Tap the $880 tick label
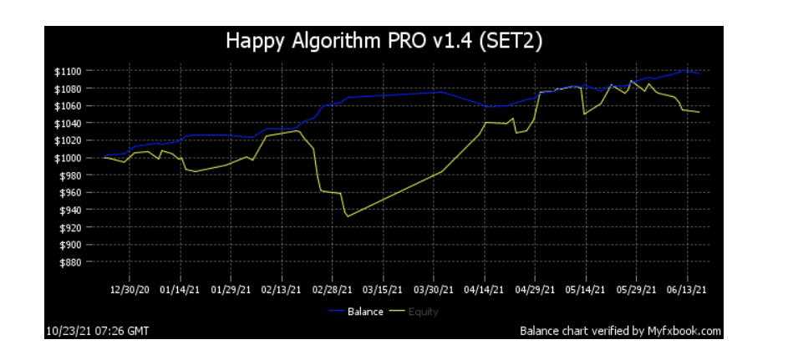tap(73, 262)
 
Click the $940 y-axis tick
tap(73, 210)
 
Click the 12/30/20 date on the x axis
tap(130, 291)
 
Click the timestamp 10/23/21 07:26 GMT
tap(98, 331)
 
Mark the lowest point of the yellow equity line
tap(348, 216)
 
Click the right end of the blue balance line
tap(699, 74)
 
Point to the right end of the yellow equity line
tap(699, 112)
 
